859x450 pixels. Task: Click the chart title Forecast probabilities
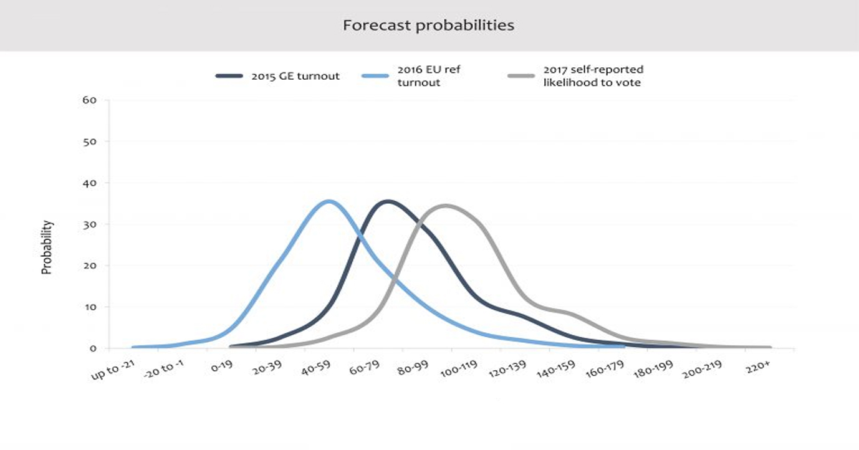429,26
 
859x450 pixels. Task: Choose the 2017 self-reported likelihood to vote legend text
593,76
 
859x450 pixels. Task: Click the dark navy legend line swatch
229,76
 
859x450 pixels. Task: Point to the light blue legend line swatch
375,76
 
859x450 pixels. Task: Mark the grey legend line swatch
522,76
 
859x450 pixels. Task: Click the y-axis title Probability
47,247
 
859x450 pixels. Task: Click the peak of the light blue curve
329,201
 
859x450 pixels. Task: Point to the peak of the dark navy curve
388,201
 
